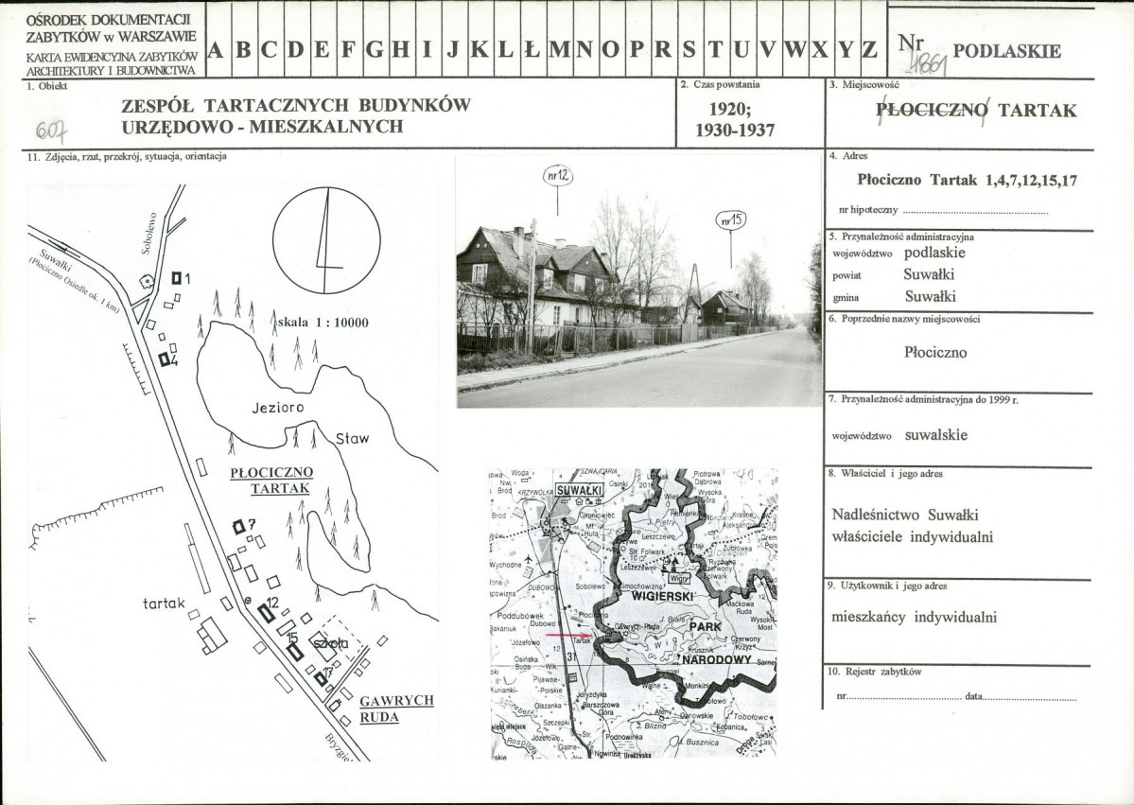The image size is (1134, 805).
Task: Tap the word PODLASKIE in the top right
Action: pos(1006,51)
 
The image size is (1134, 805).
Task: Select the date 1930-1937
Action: pos(735,131)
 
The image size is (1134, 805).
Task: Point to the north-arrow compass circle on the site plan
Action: pos(326,240)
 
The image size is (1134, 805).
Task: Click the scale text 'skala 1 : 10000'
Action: pos(323,323)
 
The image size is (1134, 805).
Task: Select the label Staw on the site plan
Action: pos(353,439)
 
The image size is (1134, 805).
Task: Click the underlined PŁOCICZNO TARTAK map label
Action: pos(271,481)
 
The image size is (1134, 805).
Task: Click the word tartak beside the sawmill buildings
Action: pos(164,603)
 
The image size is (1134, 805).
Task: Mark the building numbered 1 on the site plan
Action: pos(177,278)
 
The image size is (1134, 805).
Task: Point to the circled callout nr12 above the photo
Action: pos(558,175)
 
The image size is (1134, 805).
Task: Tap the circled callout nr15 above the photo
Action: pos(731,219)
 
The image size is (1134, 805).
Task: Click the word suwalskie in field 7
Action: pos(936,436)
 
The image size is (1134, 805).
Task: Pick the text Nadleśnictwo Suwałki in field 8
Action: pos(891,516)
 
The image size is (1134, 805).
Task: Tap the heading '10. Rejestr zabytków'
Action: pos(874,672)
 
